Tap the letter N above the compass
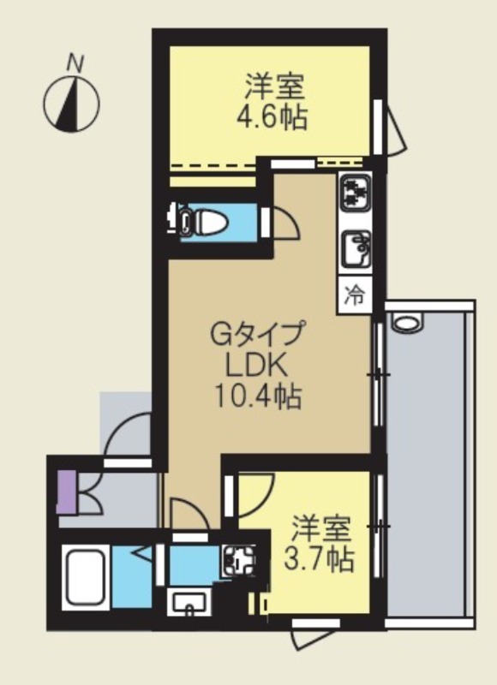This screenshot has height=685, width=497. [76, 63]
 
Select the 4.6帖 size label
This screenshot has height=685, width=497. [272, 116]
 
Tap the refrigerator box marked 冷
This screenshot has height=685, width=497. [355, 295]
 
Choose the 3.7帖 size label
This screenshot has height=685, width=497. [320, 561]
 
